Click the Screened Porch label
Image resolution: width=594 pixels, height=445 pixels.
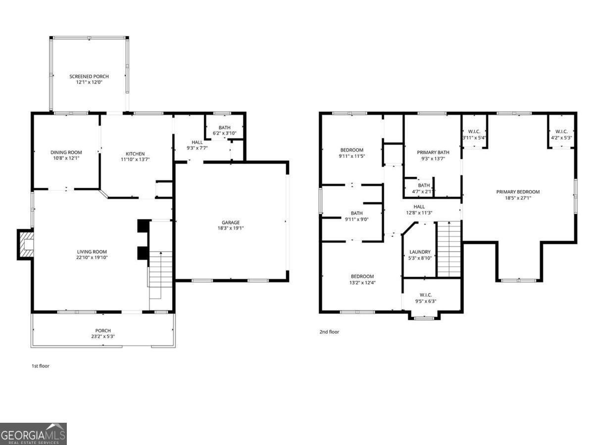[89, 77]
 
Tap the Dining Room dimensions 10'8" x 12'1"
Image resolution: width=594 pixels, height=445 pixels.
[66, 159]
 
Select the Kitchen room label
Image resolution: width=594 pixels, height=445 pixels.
[135, 154]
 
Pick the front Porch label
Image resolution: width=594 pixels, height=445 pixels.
[103, 331]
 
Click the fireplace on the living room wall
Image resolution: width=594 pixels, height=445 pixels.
[25, 244]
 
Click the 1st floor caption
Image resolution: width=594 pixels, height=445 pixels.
[41, 366]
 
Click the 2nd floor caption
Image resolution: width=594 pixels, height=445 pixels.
[329, 332]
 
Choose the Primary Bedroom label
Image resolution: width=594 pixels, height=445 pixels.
[518, 192]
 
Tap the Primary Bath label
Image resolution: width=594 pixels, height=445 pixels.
[433, 152]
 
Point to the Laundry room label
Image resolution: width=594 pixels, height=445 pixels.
[420, 252]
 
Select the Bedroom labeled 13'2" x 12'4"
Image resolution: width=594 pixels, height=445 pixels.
[362, 276]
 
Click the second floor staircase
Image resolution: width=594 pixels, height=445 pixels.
[448, 250]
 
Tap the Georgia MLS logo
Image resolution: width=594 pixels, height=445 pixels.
[33, 434]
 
